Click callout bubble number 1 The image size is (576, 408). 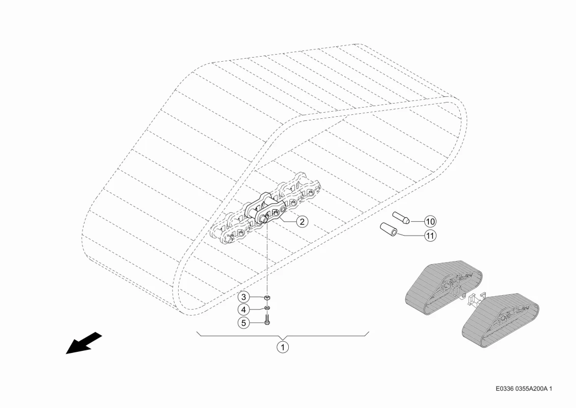pyautogui.click(x=283, y=347)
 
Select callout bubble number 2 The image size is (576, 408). pyautogui.click(x=302, y=221)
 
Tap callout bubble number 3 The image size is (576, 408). pyautogui.click(x=243, y=297)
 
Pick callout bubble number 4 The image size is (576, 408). pyautogui.click(x=243, y=310)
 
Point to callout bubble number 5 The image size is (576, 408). pyautogui.click(x=243, y=323)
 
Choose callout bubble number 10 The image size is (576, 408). pyautogui.click(x=430, y=221)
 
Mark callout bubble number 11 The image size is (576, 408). pyautogui.click(x=430, y=236)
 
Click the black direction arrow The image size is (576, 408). pyautogui.click(x=84, y=343)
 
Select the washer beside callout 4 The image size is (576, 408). pyautogui.click(x=267, y=308)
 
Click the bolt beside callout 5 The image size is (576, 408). pyautogui.click(x=267, y=319)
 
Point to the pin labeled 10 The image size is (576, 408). pyautogui.click(x=401, y=217)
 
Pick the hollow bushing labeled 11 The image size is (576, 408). pyautogui.click(x=389, y=229)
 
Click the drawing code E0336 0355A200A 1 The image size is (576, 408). pyautogui.click(x=524, y=389)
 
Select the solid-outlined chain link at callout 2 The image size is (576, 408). pyautogui.click(x=264, y=208)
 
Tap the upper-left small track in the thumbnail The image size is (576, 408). pyautogui.click(x=444, y=288)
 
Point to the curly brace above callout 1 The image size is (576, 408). pyautogui.click(x=283, y=335)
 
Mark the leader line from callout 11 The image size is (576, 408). pyautogui.click(x=410, y=234)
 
